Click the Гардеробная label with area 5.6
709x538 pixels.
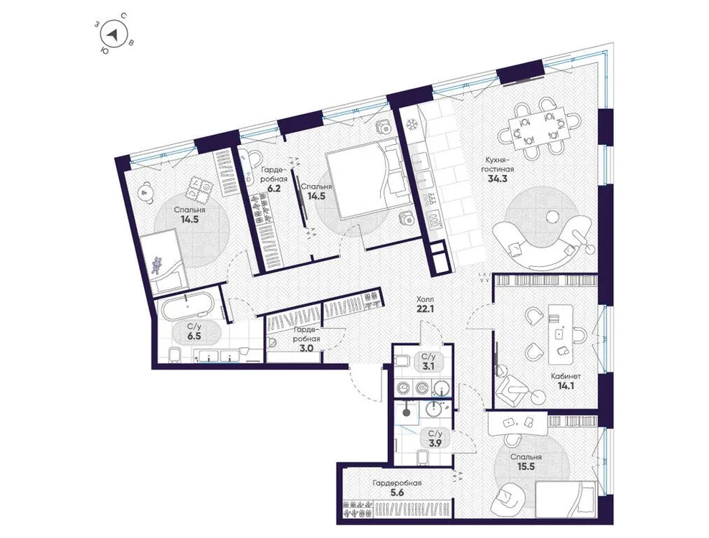pos(397,483)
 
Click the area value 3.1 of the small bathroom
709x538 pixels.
pos(429,367)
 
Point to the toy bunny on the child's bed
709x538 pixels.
pos(156,266)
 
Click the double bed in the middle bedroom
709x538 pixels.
pos(361,180)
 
